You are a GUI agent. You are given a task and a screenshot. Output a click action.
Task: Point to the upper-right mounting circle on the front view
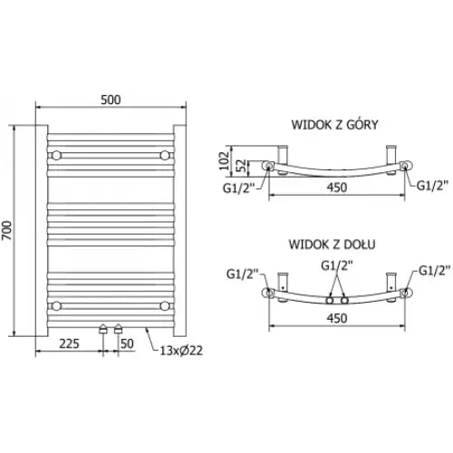click(x=165, y=155)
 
